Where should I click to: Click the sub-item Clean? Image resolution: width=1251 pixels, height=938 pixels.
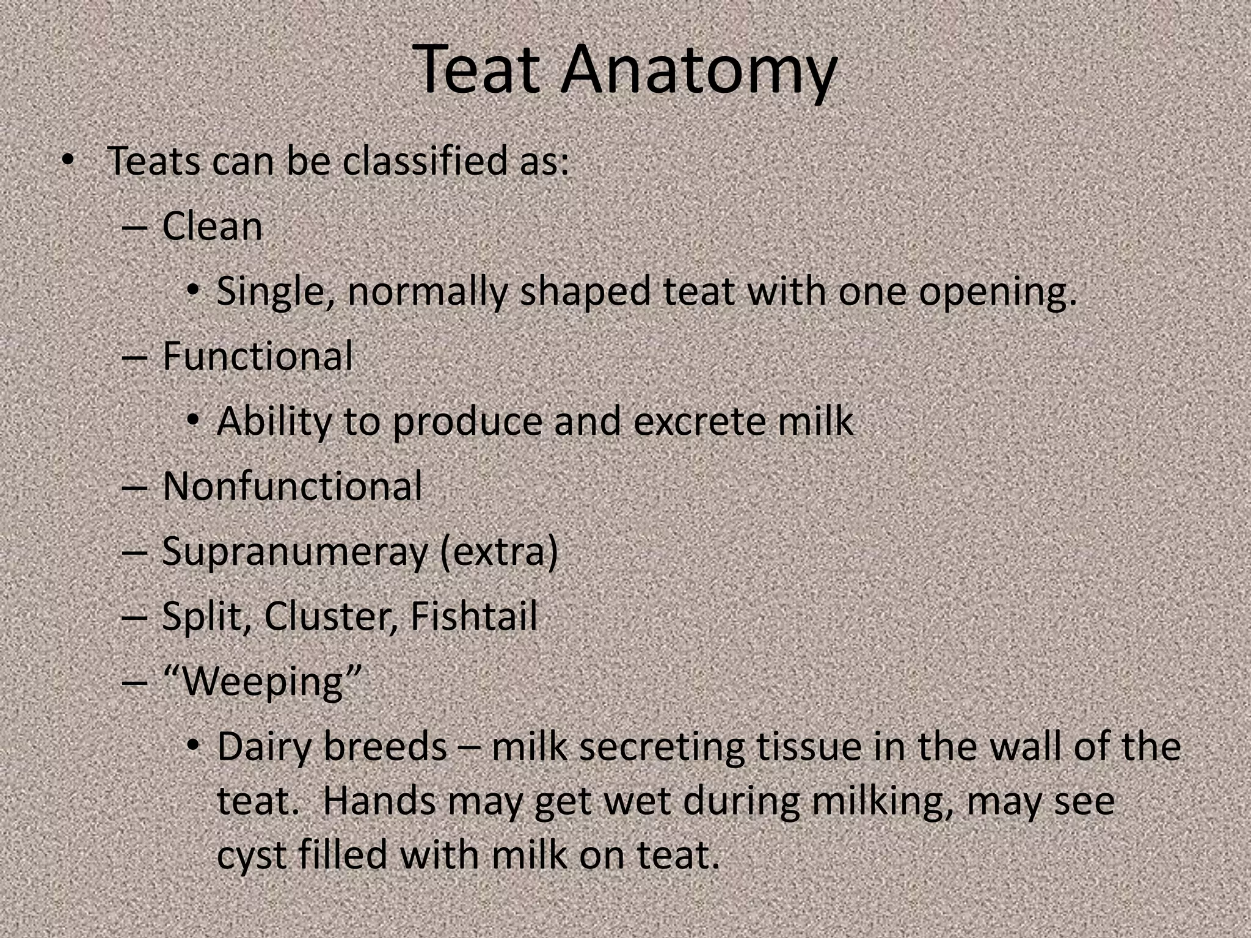pos(212,227)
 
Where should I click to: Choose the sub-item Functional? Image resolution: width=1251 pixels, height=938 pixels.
pos(257,356)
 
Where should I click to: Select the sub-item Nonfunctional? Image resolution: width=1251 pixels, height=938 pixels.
pos(292,487)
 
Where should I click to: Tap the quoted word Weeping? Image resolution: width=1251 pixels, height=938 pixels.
pos(263,682)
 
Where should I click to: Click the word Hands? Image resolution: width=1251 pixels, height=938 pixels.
pos(378,801)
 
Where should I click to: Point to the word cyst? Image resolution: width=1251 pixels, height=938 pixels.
pos(251,856)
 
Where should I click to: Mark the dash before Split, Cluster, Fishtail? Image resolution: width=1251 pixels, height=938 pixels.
pos(134,617)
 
